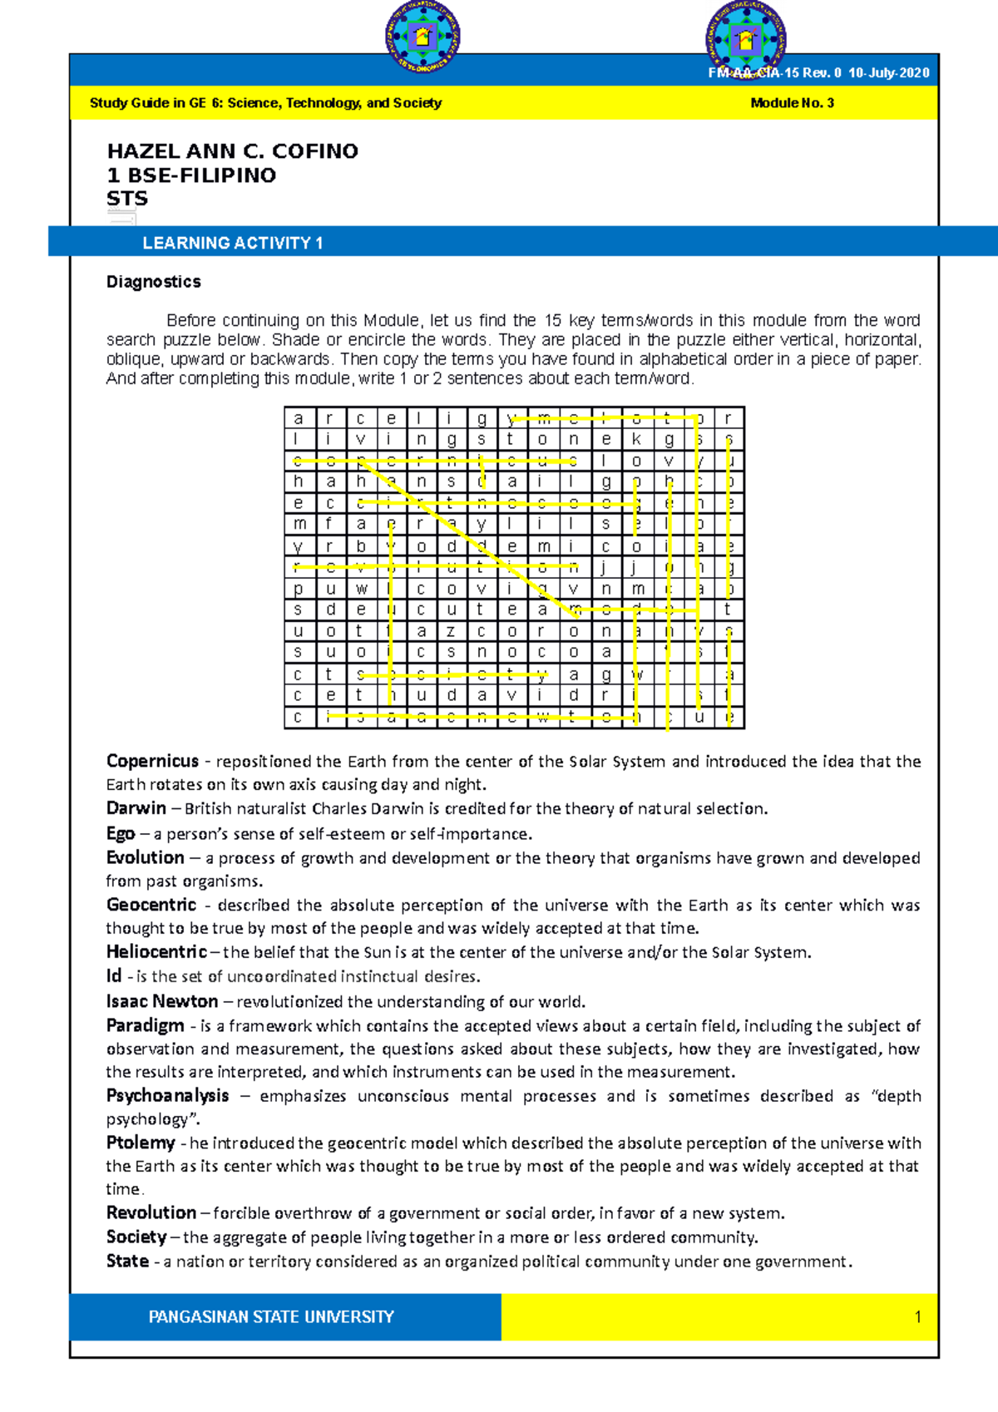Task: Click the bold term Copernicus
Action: (x=152, y=761)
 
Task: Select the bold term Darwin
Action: (x=136, y=808)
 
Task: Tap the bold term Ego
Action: (x=120, y=833)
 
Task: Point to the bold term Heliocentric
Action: (x=156, y=951)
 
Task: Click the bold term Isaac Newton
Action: (x=161, y=1001)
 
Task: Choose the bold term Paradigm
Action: (x=145, y=1025)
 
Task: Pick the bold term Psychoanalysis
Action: (x=167, y=1095)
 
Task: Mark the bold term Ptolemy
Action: (x=141, y=1143)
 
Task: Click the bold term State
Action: (x=127, y=1261)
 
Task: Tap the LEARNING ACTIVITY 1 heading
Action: (x=232, y=243)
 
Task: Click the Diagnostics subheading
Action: (x=153, y=282)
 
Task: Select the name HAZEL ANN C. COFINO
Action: (x=232, y=151)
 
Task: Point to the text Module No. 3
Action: (x=792, y=103)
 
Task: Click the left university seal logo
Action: (x=422, y=37)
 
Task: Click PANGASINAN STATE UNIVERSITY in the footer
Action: (x=271, y=1316)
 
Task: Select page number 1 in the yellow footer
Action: (x=917, y=1316)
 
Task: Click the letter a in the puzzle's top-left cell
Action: (x=299, y=418)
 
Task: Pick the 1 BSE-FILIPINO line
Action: (x=191, y=175)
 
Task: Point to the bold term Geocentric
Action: (x=151, y=905)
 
